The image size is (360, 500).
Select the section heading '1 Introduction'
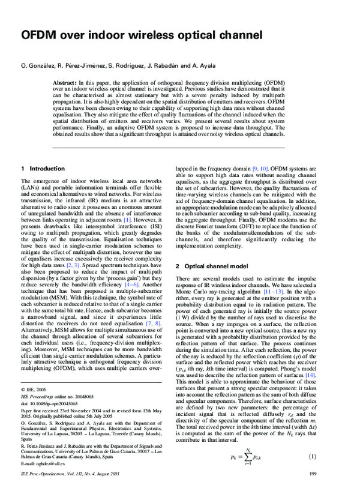[44, 169]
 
